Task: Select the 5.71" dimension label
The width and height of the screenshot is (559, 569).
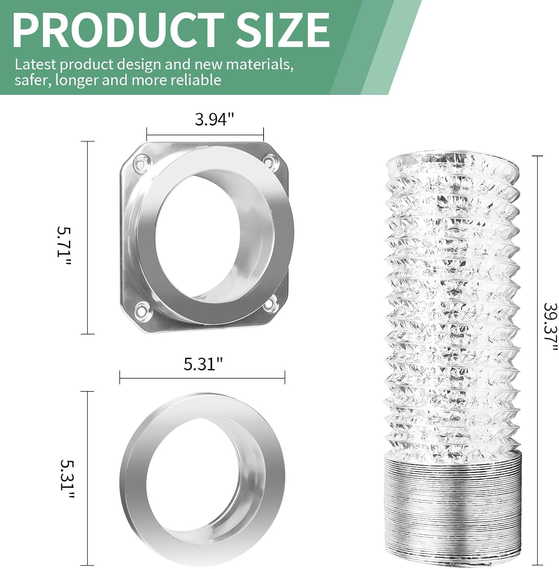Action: pyautogui.click(x=63, y=242)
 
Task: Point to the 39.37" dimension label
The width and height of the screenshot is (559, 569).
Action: pyautogui.click(x=550, y=327)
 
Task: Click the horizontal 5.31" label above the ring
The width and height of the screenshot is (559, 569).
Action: pyautogui.click(x=203, y=364)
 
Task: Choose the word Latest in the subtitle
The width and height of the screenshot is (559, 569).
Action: pyautogui.click(x=35, y=64)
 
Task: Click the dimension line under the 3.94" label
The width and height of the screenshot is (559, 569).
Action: pyautogui.click(x=205, y=135)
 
